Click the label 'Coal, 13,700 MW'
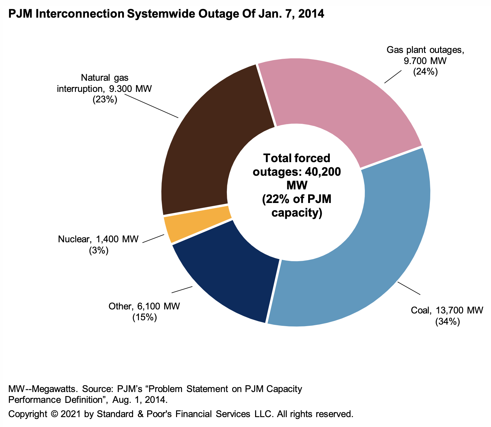447,310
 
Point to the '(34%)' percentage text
447,322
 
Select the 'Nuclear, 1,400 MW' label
98,239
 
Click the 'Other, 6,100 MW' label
144,306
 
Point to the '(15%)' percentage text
144,317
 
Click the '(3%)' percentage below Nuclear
99,251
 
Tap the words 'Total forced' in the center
297,158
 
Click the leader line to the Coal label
409,288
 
